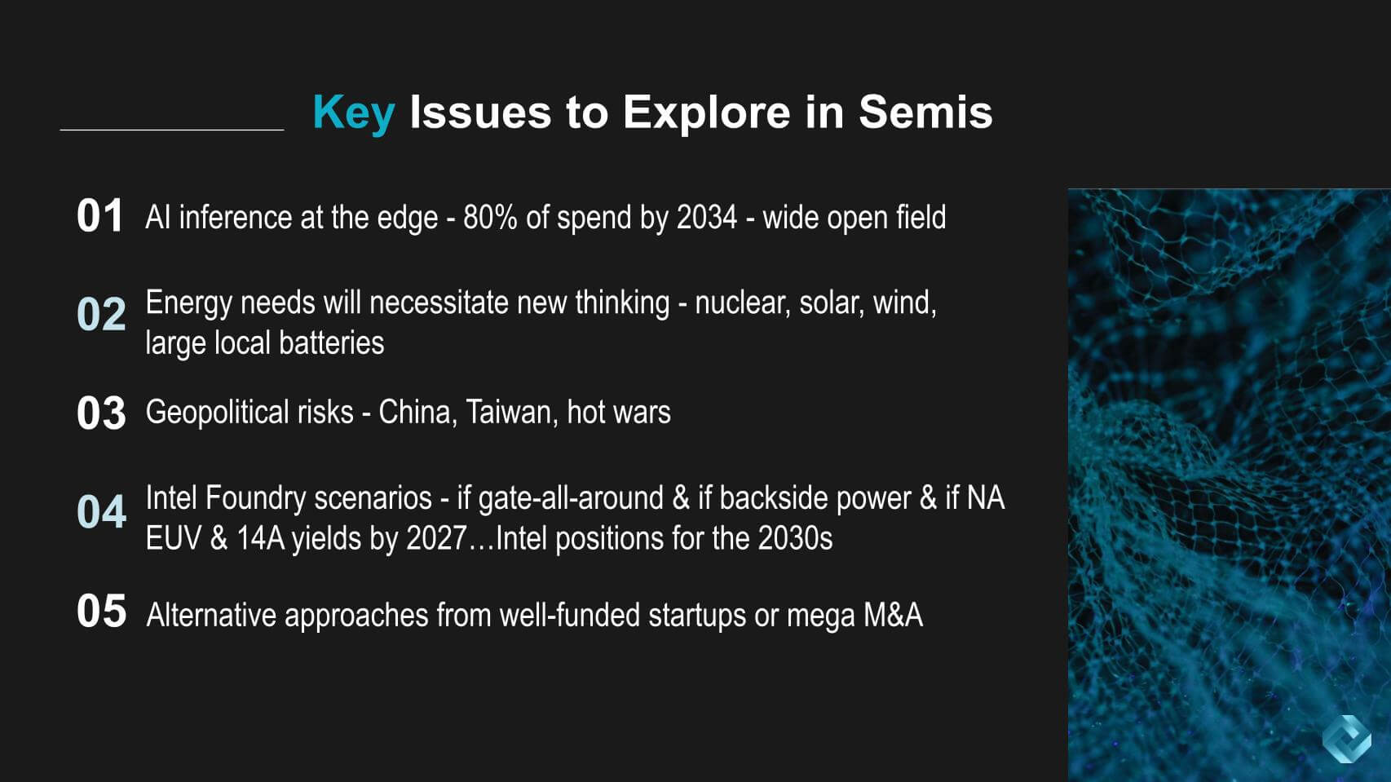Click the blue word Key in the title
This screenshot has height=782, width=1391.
(x=354, y=113)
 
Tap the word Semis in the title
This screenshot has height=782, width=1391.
(x=925, y=112)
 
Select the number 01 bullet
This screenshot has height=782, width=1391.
(x=99, y=216)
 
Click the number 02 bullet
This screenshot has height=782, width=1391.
(x=101, y=315)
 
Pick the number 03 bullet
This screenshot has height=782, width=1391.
(x=101, y=413)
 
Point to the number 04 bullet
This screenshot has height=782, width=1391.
(x=101, y=512)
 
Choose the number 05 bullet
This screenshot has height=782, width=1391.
(x=101, y=611)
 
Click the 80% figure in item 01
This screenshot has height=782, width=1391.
(x=490, y=218)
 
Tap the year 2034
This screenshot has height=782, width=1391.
(x=706, y=218)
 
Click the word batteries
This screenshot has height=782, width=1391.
(x=331, y=343)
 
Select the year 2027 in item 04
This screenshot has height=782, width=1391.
(x=436, y=539)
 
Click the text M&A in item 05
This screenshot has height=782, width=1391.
(x=893, y=616)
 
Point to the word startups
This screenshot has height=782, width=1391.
(x=696, y=616)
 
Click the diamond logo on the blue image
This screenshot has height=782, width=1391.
(x=1346, y=739)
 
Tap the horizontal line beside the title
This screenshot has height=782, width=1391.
(x=172, y=130)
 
